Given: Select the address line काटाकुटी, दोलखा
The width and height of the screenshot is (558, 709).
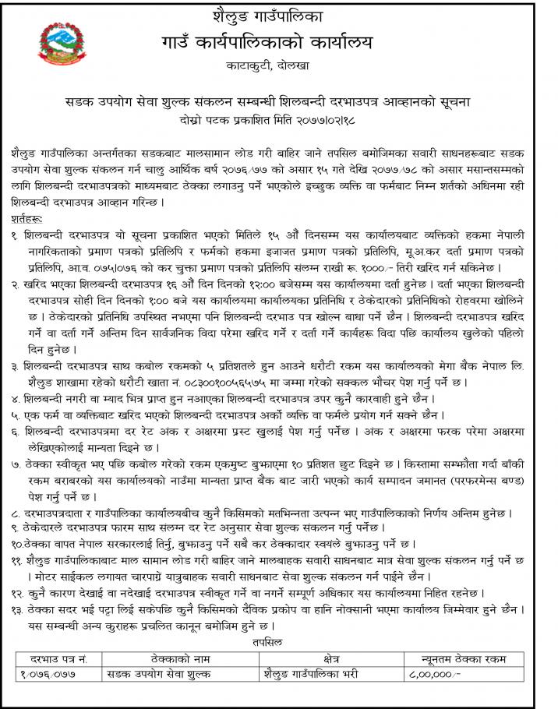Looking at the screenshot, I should pos(277,66).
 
